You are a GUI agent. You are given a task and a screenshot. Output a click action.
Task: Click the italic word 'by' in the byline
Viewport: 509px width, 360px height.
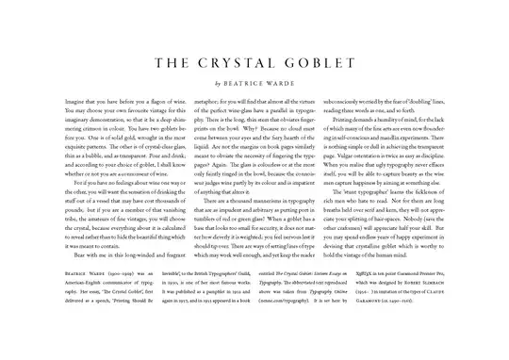tap(220, 84)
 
